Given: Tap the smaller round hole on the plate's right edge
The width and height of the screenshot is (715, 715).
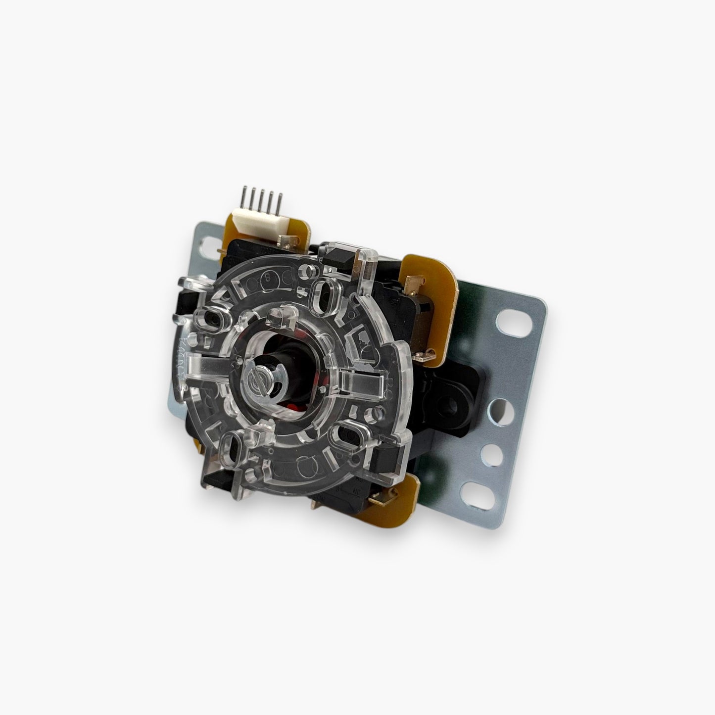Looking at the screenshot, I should pos(487,451).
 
